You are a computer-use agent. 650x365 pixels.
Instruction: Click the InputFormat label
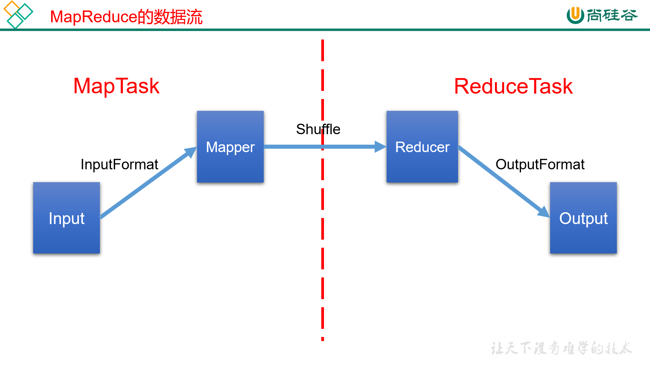pyautogui.click(x=119, y=165)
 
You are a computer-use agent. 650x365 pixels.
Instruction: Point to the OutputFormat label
pyautogui.click(x=540, y=165)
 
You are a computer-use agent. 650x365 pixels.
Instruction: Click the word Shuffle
pyautogui.click(x=318, y=129)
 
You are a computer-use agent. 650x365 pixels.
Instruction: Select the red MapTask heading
pyautogui.click(x=116, y=86)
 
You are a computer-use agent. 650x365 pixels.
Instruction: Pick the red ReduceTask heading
pyautogui.click(x=513, y=86)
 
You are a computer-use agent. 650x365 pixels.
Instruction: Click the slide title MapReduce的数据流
pyautogui.click(x=126, y=17)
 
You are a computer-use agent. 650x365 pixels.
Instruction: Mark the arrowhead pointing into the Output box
pyautogui.click(x=544, y=212)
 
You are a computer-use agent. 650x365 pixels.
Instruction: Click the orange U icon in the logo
pyautogui.click(x=575, y=15)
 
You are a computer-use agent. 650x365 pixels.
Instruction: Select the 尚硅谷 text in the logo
pyautogui.click(x=612, y=15)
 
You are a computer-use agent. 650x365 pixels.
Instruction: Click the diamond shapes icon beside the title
pyautogui.click(x=18, y=15)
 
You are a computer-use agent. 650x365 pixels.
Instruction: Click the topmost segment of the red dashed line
pyautogui.click(x=323, y=50)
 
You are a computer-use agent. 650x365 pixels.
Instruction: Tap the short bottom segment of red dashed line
pyautogui.click(x=323, y=339)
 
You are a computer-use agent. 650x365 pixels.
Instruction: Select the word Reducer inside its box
pyautogui.click(x=422, y=147)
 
